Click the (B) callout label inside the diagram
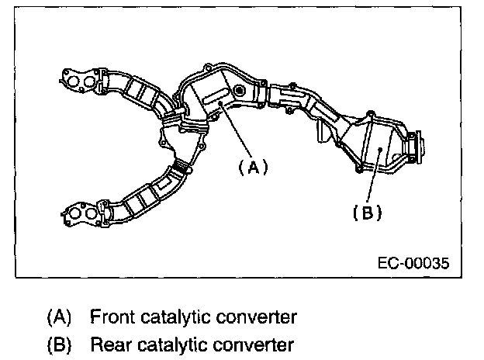point(368,211)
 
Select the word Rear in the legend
point(108,344)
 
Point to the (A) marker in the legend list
point(59,317)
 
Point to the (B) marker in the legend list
point(59,344)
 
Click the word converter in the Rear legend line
point(251,344)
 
